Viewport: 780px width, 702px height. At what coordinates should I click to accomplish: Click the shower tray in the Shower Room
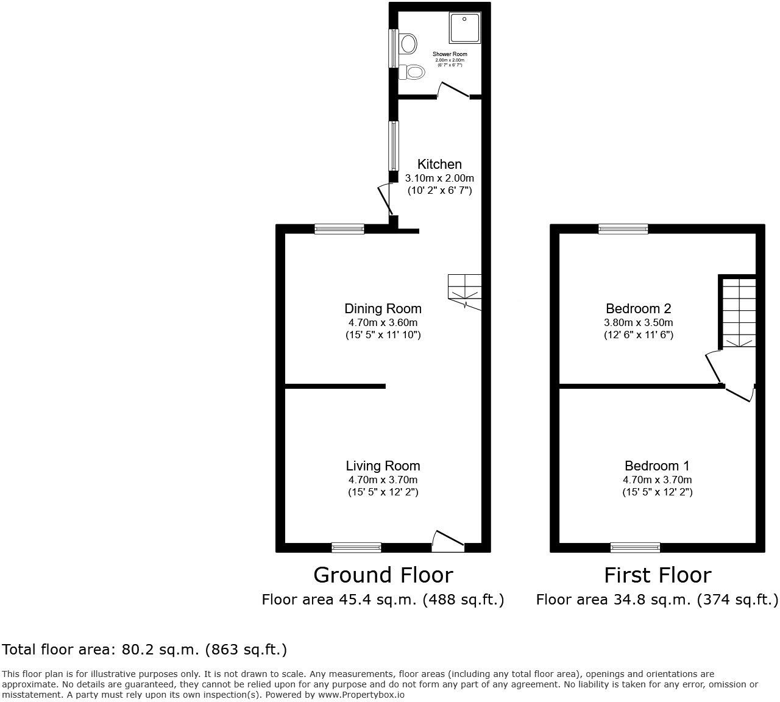(x=465, y=27)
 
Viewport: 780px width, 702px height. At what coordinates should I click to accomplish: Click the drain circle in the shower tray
(x=465, y=19)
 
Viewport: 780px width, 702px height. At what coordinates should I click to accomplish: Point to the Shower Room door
(x=453, y=90)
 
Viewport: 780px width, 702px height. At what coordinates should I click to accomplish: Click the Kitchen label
(x=439, y=164)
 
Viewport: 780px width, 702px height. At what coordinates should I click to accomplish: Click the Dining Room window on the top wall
(x=339, y=229)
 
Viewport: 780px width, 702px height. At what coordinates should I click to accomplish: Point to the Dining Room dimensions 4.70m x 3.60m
(x=383, y=322)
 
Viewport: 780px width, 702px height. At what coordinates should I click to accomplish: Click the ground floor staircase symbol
(x=465, y=291)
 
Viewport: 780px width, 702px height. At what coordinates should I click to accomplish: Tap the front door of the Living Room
(x=448, y=540)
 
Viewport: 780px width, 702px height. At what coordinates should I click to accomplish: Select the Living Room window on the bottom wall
(x=356, y=547)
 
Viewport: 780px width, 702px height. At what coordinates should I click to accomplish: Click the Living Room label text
(x=383, y=466)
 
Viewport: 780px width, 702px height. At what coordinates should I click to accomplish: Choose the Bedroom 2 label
(x=639, y=308)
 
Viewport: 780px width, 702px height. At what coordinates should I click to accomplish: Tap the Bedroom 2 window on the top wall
(x=623, y=229)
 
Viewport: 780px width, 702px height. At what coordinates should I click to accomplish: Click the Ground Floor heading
(x=383, y=575)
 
